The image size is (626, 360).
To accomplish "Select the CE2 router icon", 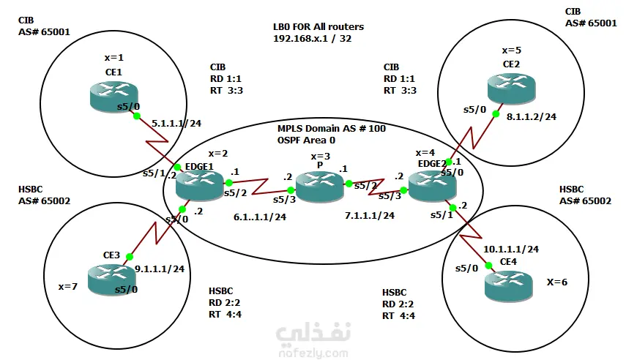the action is coord(512,89).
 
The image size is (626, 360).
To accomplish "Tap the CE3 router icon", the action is coord(111,280).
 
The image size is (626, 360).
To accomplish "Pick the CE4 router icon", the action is coord(509,286).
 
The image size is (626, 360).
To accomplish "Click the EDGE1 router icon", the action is coord(200,187).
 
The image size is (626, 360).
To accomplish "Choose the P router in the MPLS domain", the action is coord(320,187).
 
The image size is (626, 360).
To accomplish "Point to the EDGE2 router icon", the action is coord(433,186).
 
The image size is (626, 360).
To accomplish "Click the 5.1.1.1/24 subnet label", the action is coord(176,124).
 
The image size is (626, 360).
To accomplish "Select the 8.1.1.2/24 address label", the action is coord(532,116).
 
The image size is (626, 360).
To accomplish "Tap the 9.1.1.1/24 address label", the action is coord(160,269).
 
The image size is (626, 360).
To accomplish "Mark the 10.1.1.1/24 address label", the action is coord(511,249).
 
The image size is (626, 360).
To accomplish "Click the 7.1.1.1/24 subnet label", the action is coord(370,216).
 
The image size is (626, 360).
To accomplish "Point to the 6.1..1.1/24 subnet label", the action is coord(260,217).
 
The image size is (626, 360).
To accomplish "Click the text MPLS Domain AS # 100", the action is coord(332,128).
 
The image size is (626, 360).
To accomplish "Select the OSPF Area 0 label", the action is coord(306,140).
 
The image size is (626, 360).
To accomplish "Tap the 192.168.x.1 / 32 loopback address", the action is coord(312,38).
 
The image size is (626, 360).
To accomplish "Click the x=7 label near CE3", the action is coord(68,287).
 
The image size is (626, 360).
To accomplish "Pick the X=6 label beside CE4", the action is coord(557,282).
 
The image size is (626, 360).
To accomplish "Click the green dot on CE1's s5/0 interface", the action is coord(136,116).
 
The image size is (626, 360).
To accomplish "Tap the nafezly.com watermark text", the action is coord(313,353).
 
